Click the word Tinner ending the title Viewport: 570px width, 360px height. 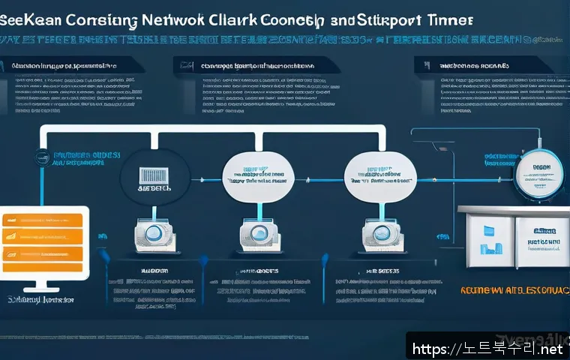[449, 20]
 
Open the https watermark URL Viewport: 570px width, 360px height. [488, 348]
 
